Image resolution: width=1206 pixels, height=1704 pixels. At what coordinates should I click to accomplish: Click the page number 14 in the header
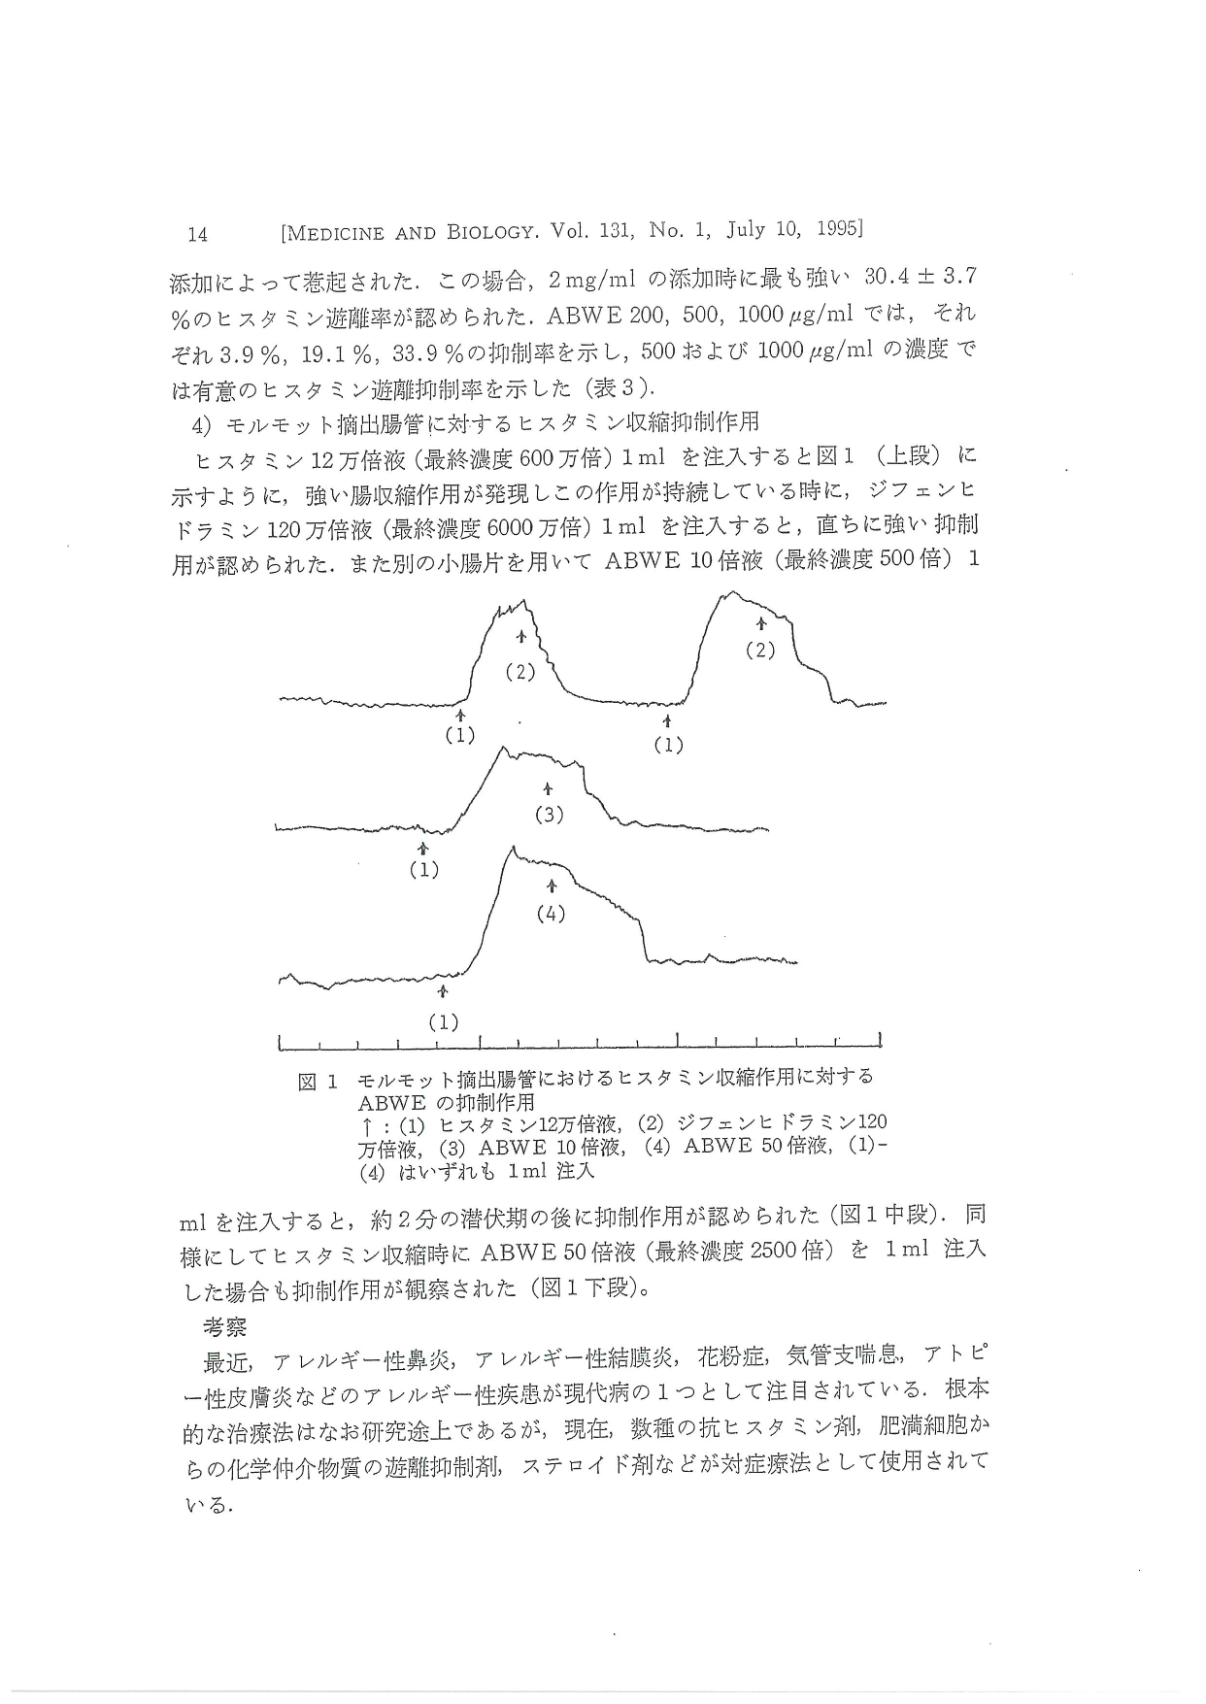(198, 234)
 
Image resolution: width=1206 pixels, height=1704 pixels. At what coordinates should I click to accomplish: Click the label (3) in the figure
(550, 815)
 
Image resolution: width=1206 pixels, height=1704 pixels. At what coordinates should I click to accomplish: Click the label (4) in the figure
(551, 914)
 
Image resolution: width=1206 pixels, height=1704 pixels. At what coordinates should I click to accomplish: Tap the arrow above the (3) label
(549, 789)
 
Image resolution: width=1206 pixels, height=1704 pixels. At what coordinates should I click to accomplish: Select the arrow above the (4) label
(552, 886)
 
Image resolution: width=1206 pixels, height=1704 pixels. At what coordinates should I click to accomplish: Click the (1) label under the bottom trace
(443, 1021)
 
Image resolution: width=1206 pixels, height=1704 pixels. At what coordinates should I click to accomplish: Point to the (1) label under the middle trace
(423, 870)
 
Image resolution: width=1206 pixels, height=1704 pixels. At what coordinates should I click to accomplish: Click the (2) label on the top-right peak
(759, 650)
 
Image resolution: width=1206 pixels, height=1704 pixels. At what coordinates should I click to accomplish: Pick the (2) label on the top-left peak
(520, 671)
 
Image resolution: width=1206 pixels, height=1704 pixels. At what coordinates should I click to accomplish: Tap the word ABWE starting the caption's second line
(391, 1103)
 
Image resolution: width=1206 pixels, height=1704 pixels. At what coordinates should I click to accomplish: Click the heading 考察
(224, 1326)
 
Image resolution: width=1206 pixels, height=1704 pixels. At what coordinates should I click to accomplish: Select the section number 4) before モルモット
(202, 424)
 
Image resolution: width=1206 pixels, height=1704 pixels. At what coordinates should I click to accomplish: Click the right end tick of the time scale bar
(880, 1041)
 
